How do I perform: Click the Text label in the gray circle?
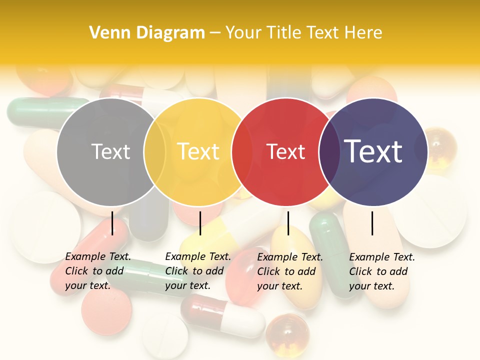[110, 151]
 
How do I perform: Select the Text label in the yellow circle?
[198, 151]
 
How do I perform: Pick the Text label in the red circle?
[286, 151]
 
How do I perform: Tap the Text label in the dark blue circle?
[373, 151]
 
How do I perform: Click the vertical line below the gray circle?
[112, 223]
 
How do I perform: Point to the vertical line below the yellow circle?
[200, 223]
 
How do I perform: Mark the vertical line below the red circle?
[288, 223]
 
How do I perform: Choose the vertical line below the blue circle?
[372, 223]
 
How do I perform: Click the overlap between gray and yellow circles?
[155, 151]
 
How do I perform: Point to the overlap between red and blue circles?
[329, 151]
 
